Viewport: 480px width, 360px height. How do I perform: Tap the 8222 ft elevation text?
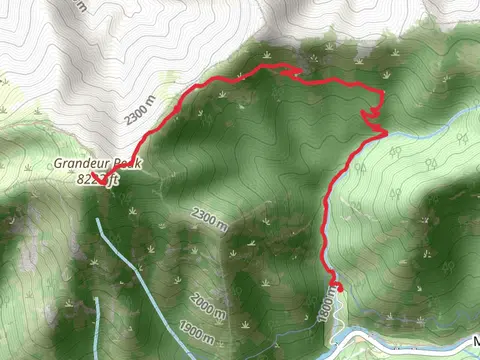[x=98, y=180]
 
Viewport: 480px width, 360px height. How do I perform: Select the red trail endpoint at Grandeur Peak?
[x=100, y=181]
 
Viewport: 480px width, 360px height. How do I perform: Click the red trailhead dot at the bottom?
[x=338, y=287]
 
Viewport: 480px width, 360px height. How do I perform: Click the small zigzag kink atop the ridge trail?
[x=291, y=72]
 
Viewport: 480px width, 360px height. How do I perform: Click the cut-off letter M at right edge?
[x=475, y=341]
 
